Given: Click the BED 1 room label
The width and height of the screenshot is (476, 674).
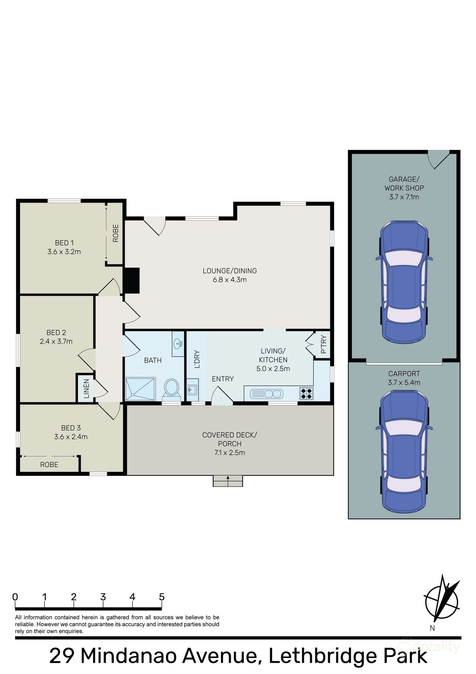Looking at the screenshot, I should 64,243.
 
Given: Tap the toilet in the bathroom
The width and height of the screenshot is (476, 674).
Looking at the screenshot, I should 171,389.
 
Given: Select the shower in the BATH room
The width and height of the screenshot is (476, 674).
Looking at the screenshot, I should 140,389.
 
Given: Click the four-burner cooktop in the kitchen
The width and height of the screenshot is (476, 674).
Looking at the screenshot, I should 306,393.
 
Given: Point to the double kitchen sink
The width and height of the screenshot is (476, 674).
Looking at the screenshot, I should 267,394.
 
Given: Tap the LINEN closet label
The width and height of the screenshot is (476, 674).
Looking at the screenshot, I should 86,388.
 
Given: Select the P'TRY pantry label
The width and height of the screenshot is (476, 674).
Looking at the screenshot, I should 323,344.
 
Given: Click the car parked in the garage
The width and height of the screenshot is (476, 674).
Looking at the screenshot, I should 404,282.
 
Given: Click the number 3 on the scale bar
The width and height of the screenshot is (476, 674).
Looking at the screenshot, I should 103,597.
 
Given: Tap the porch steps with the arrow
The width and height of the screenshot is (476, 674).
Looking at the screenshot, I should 228,481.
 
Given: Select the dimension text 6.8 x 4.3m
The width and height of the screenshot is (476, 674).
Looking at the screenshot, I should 230,280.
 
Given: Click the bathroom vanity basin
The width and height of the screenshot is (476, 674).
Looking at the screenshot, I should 178,344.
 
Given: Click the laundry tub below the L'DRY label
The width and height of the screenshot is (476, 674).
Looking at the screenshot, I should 192,390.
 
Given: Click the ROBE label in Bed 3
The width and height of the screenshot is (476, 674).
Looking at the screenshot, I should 49,465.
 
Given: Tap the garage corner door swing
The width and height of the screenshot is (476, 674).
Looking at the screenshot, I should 438,159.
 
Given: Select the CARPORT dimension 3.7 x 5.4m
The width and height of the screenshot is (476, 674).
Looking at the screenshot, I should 404,383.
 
